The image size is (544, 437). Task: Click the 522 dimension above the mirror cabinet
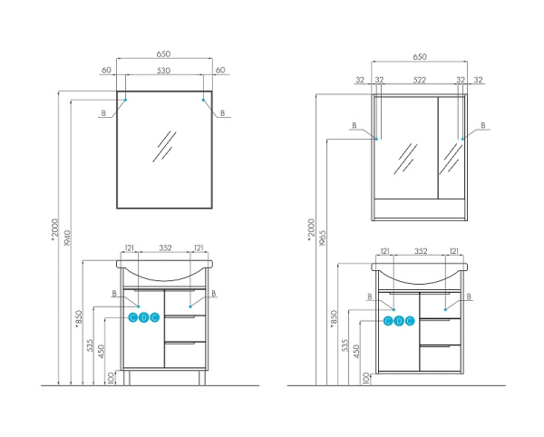pos(420,81)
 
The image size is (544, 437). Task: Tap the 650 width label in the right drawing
pos(420,56)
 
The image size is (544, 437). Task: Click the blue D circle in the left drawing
pos(144,317)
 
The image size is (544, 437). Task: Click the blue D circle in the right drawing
pos(399,321)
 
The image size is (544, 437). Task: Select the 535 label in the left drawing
pos(90,346)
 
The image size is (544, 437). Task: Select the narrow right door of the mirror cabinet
pos(451,148)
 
